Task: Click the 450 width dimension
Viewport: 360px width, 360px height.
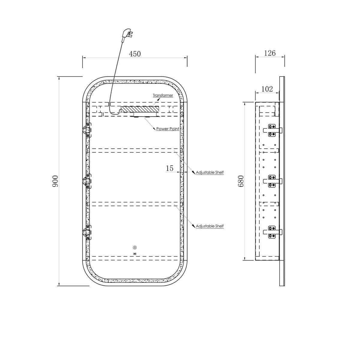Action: pos(135,54)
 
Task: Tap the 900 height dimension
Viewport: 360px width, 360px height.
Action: pos(55,181)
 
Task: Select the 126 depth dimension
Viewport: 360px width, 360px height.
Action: pos(270,53)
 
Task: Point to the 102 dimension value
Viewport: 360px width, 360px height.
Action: pos(267,89)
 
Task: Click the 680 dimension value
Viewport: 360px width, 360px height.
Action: pos(241,181)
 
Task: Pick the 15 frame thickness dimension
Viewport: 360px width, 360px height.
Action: pos(169,168)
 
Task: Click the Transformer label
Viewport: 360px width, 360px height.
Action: pos(163,95)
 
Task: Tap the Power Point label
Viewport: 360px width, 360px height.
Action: pos(168,129)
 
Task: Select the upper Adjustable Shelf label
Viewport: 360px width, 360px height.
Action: pos(210,172)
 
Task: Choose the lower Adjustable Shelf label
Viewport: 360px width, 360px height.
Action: pos(210,226)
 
